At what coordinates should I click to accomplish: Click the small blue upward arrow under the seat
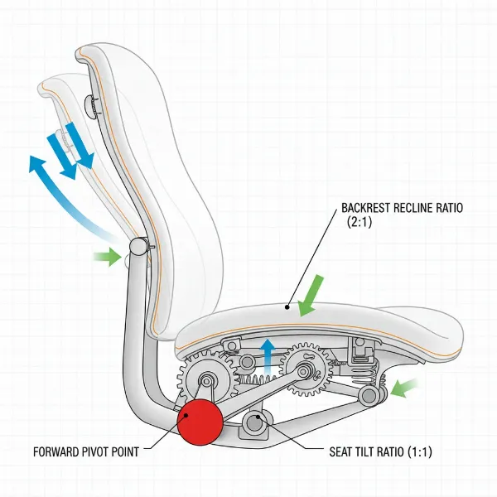point(268,353)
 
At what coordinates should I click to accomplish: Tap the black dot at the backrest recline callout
point(289,306)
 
